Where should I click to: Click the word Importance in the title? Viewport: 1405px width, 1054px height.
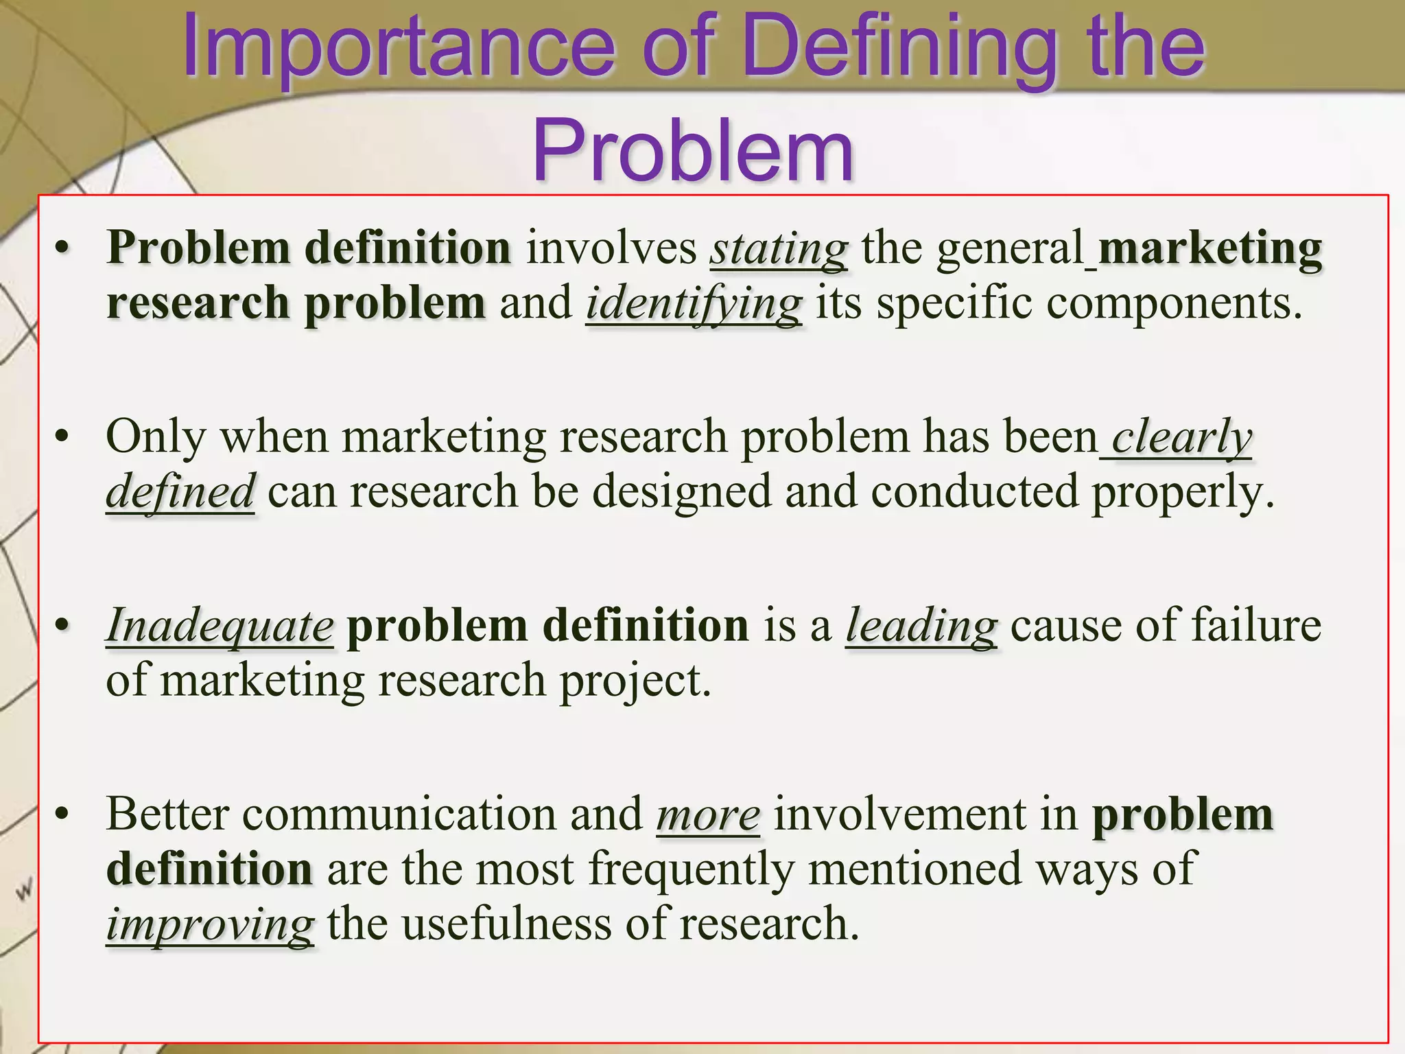point(398,48)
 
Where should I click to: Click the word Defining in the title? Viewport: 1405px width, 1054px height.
point(899,48)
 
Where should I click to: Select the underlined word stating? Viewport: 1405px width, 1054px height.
point(779,248)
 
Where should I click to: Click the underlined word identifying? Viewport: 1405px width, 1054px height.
point(694,303)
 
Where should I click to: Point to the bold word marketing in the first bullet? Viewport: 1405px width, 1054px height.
point(1209,248)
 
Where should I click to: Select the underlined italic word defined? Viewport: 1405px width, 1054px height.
point(180,492)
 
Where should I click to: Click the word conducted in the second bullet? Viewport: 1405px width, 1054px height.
point(974,492)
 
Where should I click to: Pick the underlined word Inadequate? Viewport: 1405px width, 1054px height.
point(220,626)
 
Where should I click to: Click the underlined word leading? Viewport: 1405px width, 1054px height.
point(921,626)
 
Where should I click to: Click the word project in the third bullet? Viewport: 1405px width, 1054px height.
point(635,681)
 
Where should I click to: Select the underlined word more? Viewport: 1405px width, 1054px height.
point(708,815)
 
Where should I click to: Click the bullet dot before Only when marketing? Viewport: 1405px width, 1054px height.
point(62,437)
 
